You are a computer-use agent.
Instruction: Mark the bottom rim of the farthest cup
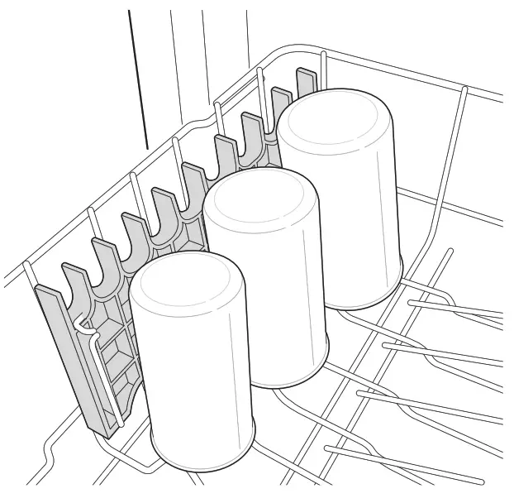364,304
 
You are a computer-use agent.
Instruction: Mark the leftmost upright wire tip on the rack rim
27,264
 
